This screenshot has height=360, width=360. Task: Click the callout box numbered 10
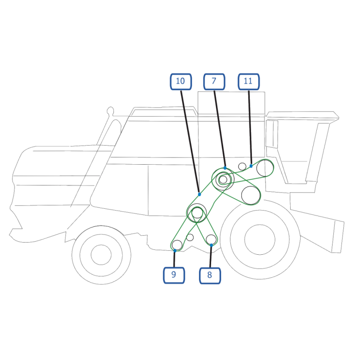pos(181,81)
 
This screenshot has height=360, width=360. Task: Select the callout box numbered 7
pos(214,81)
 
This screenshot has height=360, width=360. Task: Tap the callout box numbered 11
pos(249,81)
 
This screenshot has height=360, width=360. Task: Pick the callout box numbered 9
pos(174,275)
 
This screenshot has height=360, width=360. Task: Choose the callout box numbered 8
pos(210,275)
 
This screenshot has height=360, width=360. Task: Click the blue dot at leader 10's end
pos(199,194)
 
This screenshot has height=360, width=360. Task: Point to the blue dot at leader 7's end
pos(225,168)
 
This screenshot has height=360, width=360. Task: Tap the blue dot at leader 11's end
pos(251,166)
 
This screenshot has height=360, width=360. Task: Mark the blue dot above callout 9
pos(175,251)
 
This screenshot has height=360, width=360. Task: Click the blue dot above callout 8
pos(211,245)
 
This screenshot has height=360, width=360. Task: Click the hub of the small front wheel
pos(101,255)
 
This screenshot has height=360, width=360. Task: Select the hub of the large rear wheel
pos(260,239)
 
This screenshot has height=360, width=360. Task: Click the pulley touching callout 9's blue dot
pos(177,245)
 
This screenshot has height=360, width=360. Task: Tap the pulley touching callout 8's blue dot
pos(211,240)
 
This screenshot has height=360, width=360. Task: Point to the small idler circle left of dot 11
pos(242,166)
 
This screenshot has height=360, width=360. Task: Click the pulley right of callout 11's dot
pos(265,168)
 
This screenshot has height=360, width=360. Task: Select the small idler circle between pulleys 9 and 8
pos(189,238)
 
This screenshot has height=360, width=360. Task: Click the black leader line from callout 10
pos(190,142)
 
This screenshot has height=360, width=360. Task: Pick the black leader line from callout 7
pos(220,129)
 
